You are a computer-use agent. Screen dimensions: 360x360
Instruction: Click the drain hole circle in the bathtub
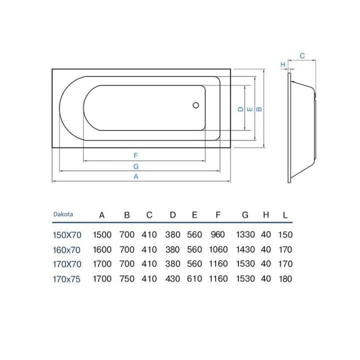[196, 105]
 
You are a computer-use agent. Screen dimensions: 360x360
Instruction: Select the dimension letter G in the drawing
[135, 166]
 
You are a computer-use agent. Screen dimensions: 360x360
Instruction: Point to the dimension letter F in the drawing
[135, 155]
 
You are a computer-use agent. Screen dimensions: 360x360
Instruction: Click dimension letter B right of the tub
[258, 108]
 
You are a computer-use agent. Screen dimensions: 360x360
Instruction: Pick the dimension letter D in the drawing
[240, 108]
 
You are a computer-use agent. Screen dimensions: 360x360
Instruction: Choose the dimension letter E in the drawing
[249, 108]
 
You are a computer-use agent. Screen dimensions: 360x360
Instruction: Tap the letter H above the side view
[282, 64]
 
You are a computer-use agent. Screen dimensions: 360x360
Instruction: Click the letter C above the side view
[302, 56]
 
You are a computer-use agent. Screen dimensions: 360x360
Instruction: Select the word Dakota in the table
[63, 214]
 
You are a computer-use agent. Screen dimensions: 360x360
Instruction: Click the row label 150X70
[67, 234]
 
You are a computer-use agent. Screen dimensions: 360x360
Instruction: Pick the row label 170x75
[67, 278]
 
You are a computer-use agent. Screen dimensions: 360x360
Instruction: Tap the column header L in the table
[285, 215]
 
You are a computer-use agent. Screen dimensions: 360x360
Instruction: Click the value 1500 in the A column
[102, 234]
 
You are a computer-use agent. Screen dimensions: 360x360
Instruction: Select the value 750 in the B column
[127, 278]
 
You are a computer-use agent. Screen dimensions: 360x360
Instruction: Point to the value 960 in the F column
[218, 234]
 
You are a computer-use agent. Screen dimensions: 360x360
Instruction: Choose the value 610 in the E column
[194, 278]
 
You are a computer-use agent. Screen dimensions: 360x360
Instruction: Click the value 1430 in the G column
[245, 249]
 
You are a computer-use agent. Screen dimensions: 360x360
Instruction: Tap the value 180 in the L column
[285, 278]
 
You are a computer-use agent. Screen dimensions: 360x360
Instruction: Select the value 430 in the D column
[172, 278]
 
